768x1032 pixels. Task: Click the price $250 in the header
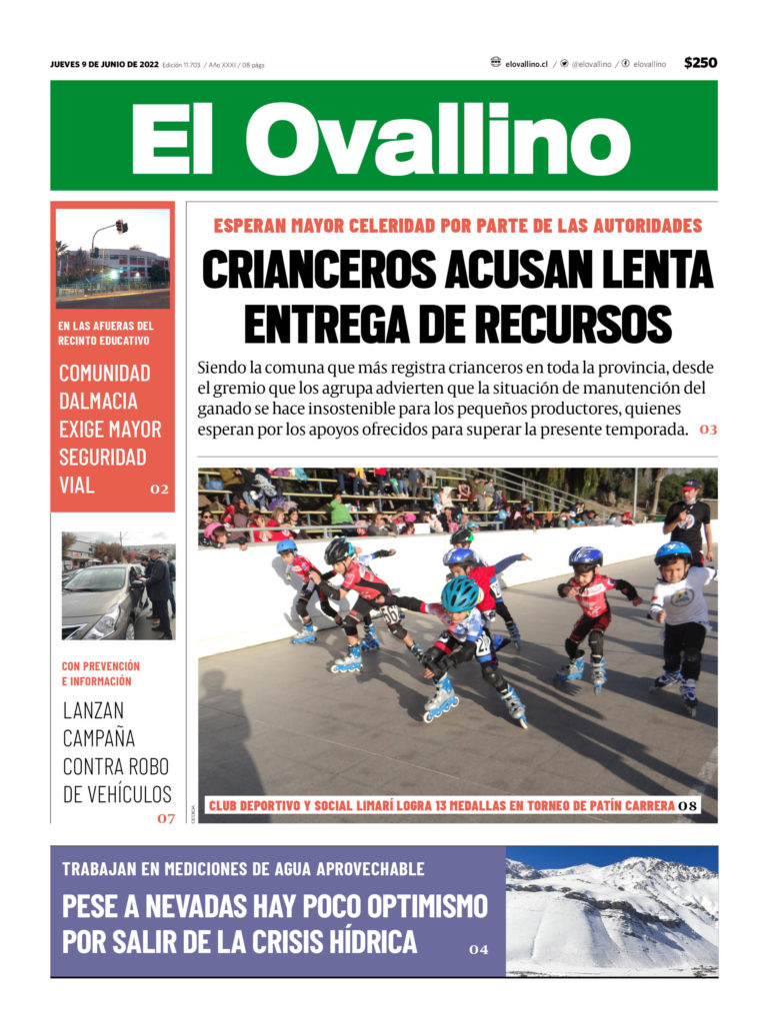[700, 63]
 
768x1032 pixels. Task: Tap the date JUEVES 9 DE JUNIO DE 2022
[104, 64]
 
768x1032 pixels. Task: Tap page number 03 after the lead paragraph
[708, 430]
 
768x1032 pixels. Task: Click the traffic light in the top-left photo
[121, 227]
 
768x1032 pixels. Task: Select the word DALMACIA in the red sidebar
[98, 402]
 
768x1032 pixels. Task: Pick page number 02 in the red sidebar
[159, 490]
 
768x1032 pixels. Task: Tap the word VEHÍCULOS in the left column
[116, 795]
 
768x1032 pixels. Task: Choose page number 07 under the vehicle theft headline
[165, 818]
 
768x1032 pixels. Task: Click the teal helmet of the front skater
[461, 593]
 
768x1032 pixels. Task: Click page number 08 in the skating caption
[687, 805]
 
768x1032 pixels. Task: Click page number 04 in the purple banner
[479, 950]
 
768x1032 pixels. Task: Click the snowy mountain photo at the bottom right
[611, 911]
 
